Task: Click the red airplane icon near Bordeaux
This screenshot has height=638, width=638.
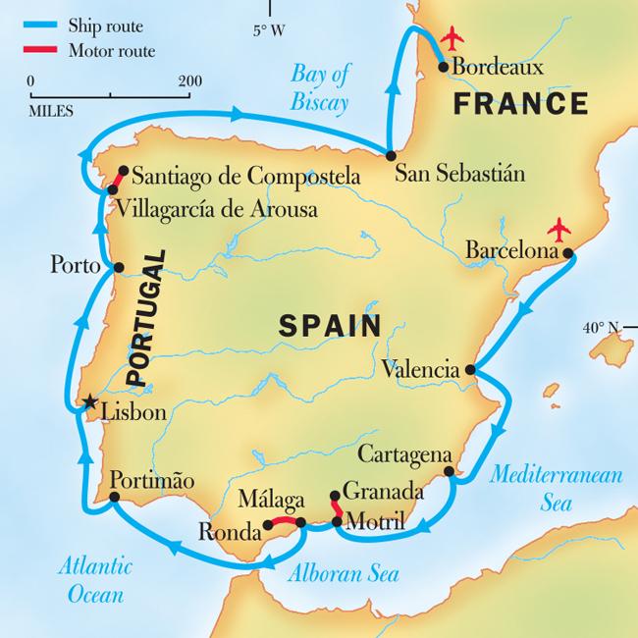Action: point(452,39)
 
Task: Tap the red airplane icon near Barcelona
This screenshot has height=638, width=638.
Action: point(560,231)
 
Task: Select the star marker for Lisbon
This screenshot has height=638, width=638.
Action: point(88,401)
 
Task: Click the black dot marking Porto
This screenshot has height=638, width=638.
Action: point(119,267)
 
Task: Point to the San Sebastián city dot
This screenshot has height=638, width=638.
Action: point(391,156)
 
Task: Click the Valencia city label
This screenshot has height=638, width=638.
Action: point(421,371)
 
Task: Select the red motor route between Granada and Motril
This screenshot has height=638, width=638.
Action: point(335,508)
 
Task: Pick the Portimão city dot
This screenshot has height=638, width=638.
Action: point(115,498)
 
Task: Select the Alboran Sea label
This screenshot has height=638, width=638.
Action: point(336,575)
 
